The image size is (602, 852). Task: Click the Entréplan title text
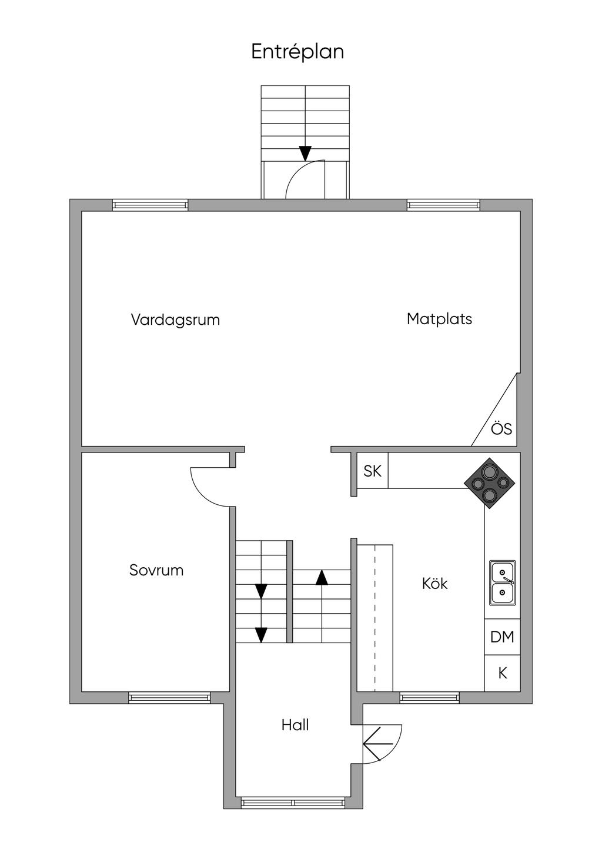[x=297, y=52]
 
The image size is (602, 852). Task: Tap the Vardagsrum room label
[x=175, y=320]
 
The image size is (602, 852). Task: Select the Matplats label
[x=439, y=319]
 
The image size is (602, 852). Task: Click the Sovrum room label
[x=156, y=570]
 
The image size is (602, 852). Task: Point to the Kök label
[x=434, y=584]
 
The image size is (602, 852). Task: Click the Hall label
[x=295, y=725]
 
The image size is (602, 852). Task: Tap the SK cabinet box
[x=373, y=471]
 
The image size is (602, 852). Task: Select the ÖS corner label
[x=501, y=429]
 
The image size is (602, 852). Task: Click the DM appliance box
[x=502, y=637]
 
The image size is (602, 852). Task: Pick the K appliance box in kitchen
[x=503, y=673]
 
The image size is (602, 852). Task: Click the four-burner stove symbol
[x=490, y=483]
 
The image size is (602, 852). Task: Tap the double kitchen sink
[x=503, y=583]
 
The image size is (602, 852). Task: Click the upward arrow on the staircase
[x=322, y=577]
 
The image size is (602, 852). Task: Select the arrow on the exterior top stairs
[x=305, y=153]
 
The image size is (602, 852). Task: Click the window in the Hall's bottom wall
[x=293, y=803]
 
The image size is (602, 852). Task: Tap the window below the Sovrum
[x=169, y=698]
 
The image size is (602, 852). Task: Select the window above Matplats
[x=443, y=205]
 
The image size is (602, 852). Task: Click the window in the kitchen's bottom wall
[x=429, y=698]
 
